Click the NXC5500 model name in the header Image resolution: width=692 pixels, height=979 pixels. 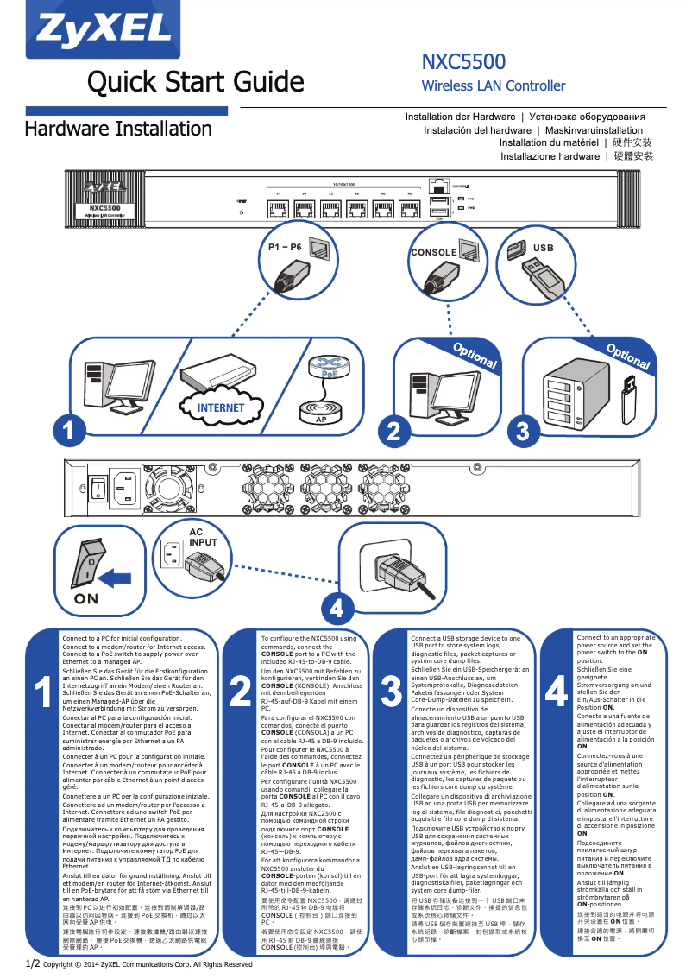click(x=463, y=62)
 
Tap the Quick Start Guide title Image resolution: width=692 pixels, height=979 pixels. click(x=196, y=82)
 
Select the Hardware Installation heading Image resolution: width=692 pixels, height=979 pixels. click(x=118, y=129)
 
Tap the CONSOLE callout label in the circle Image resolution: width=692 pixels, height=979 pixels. click(x=433, y=253)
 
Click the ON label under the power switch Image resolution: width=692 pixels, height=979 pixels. click(x=85, y=598)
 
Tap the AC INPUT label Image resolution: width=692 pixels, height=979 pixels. click(x=197, y=537)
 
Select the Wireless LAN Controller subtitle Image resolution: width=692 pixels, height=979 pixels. click(x=493, y=85)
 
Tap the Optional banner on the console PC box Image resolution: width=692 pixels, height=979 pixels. click(x=475, y=356)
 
